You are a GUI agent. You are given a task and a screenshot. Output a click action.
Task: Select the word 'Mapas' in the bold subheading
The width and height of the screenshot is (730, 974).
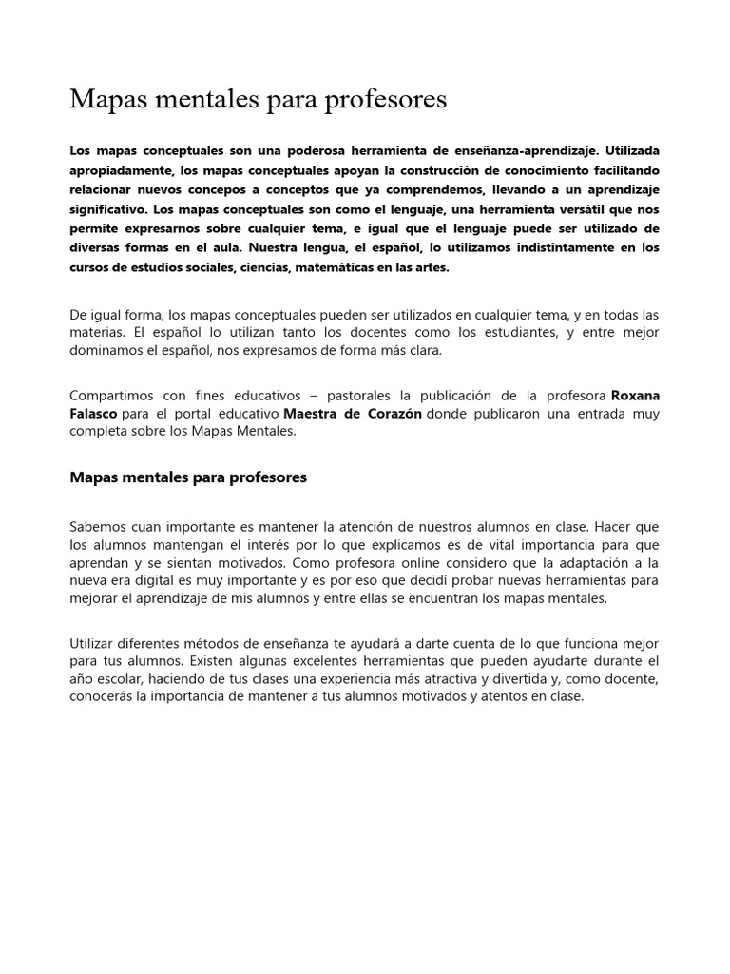95,477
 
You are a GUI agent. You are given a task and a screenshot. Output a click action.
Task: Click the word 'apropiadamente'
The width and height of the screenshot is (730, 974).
120,171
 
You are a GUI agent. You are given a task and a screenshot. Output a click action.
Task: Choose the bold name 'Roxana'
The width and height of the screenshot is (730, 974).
635,395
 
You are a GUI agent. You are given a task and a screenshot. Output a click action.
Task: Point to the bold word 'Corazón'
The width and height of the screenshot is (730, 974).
388,414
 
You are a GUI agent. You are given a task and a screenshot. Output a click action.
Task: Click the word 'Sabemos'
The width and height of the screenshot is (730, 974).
97,526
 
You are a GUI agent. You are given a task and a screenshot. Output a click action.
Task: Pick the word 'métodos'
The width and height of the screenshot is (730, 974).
206,644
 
